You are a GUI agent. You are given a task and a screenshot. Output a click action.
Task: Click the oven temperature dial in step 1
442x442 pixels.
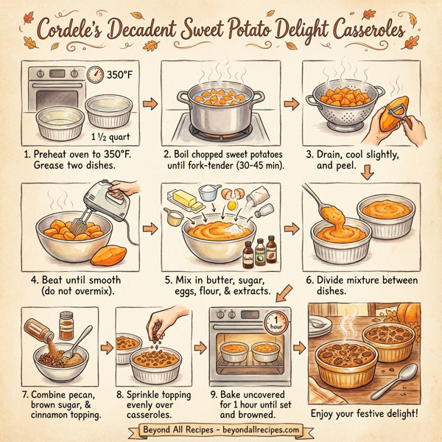95,74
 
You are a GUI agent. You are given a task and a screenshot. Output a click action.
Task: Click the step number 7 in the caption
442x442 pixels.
26,393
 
